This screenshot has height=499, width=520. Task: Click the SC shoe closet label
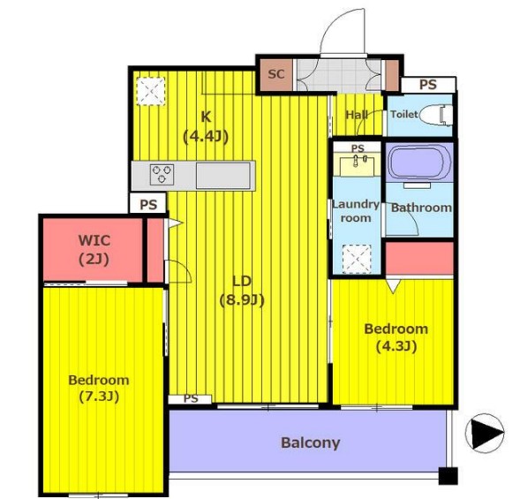pyautogui.click(x=276, y=74)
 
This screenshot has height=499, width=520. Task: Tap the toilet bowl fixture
pyautogui.click(x=436, y=115)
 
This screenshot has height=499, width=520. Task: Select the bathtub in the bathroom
pyautogui.click(x=419, y=163)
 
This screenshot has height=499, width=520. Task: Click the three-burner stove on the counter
pyautogui.click(x=162, y=175)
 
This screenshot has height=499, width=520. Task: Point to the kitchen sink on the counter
pyautogui.click(x=223, y=176)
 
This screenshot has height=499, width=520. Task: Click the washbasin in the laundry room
pyautogui.click(x=357, y=164)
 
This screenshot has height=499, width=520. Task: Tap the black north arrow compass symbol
pyautogui.click(x=485, y=433)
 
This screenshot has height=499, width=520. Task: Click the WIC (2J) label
pyautogui.click(x=94, y=249)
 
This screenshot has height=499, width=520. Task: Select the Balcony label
pyautogui.click(x=311, y=443)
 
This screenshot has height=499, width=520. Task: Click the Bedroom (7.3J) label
pyautogui.click(x=99, y=388)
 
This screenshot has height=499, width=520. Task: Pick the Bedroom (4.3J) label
pyautogui.click(x=396, y=337)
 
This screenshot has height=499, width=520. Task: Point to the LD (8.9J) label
pyautogui.click(x=242, y=291)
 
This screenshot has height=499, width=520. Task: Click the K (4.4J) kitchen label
pyautogui.click(x=206, y=126)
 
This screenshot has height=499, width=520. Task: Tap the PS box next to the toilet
pyautogui.click(x=428, y=85)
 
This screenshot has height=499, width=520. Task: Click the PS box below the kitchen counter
pyautogui.click(x=148, y=203)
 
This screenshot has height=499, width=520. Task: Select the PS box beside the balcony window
pyautogui.click(x=190, y=399)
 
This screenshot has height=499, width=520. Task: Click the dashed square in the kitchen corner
pyautogui.click(x=151, y=91)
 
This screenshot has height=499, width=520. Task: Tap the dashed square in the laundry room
pyautogui.click(x=357, y=260)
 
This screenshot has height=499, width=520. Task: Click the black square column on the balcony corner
pyautogui.click(x=448, y=476)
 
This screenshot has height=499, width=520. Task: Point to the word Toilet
pyautogui.click(x=404, y=114)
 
